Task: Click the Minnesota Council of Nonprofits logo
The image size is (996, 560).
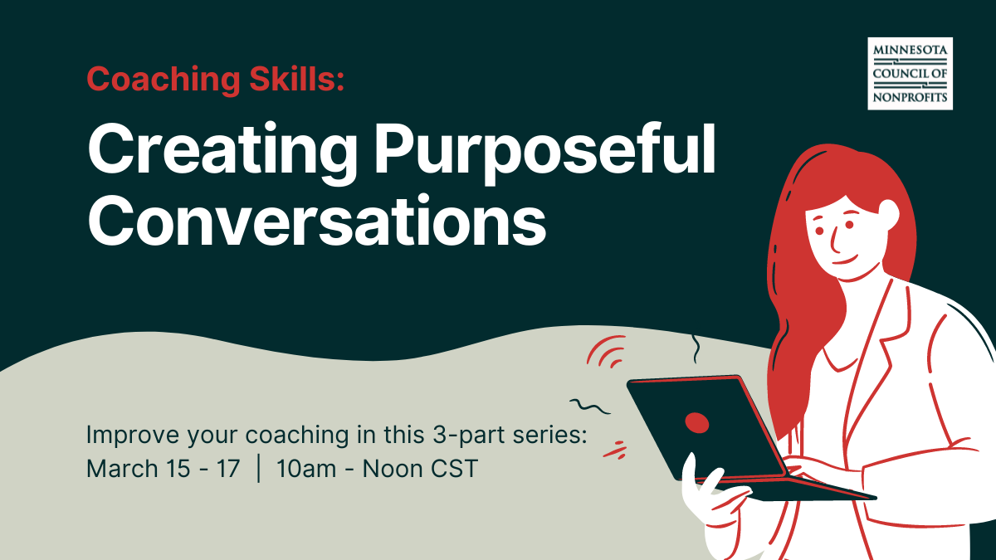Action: pos(910,73)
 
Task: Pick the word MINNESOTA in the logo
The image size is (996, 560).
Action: pos(910,51)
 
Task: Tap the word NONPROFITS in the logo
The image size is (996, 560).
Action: pos(910,96)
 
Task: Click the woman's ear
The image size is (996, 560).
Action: pos(887,212)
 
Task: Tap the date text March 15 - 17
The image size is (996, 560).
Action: pos(163,469)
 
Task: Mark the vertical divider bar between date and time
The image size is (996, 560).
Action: pos(260,469)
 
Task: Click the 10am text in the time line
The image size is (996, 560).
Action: pos(308,469)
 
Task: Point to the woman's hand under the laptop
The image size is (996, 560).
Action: pos(705,498)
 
